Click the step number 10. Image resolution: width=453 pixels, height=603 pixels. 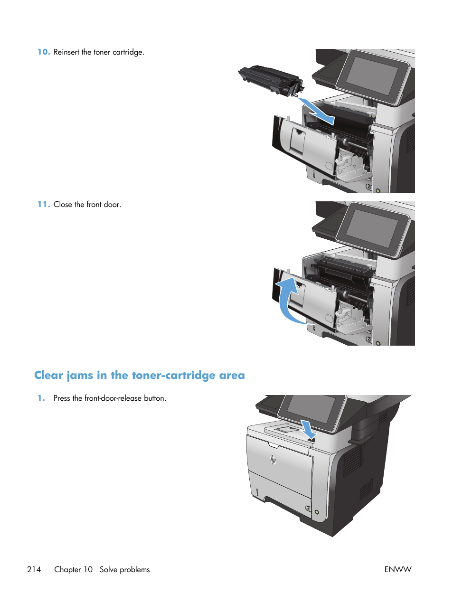tap(44, 52)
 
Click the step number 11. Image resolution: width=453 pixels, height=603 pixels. tap(44, 204)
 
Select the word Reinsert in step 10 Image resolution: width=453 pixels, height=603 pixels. tap(66, 52)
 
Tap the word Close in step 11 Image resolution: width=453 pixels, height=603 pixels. tap(63, 204)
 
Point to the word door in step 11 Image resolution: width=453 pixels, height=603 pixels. tap(112, 204)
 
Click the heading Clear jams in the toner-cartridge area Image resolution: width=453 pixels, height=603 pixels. tap(140, 375)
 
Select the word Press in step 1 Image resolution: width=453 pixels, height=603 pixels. tap(62, 398)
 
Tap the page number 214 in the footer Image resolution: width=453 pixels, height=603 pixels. tap(34, 569)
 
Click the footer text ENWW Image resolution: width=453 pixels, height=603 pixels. tap(398, 569)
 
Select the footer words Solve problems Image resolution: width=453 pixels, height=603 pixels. tap(124, 569)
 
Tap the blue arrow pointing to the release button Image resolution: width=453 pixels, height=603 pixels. tap(308, 429)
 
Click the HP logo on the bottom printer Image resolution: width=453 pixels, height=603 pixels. tap(273, 459)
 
